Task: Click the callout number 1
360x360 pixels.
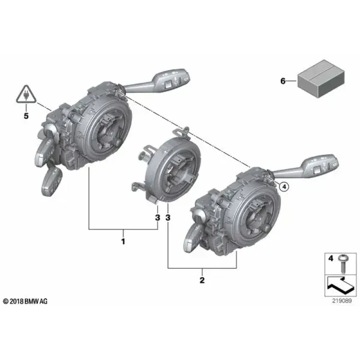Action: pyautogui.click(x=123, y=242)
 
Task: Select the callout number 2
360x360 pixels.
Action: pyautogui.click(x=202, y=280)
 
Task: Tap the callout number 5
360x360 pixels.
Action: pyautogui.click(x=26, y=116)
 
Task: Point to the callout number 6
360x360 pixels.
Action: pyautogui.click(x=283, y=81)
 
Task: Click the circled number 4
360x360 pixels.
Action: pyautogui.click(x=284, y=187)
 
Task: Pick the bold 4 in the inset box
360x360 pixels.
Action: pyautogui.click(x=331, y=259)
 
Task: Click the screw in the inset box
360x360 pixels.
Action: pyautogui.click(x=343, y=263)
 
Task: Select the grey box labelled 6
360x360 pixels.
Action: pyautogui.click(x=321, y=79)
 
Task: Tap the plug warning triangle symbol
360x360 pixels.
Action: pyautogui.click(x=26, y=94)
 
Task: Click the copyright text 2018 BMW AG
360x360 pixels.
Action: pyautogui.click(x=25, y=301)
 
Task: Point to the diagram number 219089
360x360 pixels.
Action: pyautogui.click(x=342, y=301)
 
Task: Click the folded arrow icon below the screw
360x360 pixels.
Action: pyautogui.click(x=341, y=286)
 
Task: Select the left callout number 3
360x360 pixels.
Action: pyautogui.click(x=157, y=217)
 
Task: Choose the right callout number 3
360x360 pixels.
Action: pyautogui.click(x=168, y=217)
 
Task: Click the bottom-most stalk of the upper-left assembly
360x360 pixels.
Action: pyautogui.click(x=52, y=181)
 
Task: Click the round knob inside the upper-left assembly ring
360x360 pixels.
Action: pyautogui.click(x=118, y=142)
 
